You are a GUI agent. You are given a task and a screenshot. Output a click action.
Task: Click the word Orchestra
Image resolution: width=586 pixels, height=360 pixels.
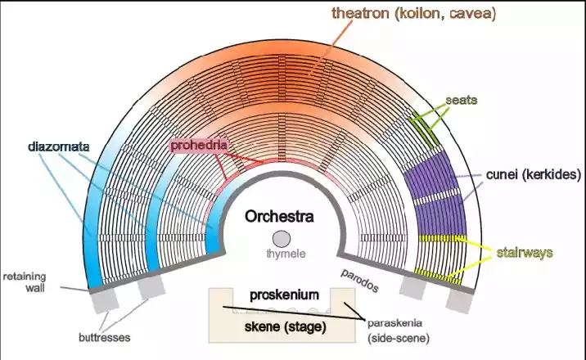coord(279,217)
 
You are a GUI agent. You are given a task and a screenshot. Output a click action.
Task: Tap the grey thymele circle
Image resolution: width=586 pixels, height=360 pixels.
coord(282,239)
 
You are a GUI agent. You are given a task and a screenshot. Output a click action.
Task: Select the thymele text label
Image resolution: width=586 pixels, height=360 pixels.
coord(286,254)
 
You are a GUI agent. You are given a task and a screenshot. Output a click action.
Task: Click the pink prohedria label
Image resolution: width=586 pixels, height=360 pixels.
coord(198,145)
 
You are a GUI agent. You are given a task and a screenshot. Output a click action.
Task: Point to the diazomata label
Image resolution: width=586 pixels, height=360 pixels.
coord(59,146)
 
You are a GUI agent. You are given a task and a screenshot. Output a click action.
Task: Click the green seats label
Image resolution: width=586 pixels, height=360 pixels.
coord(462,100)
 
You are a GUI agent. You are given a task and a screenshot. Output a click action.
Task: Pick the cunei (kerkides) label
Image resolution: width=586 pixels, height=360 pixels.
coord(534,174)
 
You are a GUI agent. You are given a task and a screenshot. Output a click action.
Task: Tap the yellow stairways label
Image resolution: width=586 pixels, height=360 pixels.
coord(525,253)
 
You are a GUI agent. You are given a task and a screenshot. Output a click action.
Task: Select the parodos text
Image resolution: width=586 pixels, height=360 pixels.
coord(359,281)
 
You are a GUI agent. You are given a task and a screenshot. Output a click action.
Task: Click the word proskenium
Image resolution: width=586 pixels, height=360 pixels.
coord(284,295)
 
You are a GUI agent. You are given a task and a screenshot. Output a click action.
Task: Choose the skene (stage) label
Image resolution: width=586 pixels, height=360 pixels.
coord(285,327)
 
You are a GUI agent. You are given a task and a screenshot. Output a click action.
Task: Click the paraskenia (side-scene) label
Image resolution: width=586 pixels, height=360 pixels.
coord(399,331)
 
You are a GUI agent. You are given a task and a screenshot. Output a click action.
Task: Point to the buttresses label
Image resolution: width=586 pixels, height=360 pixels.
coord(104,338)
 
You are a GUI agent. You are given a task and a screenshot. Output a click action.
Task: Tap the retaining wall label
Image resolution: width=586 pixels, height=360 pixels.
coord(25,282)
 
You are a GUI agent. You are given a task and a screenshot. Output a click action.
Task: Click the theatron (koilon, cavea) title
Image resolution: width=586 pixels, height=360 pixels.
coord(413,13)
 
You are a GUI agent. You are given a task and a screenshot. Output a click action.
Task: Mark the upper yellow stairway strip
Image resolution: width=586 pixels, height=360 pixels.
coord(443,238)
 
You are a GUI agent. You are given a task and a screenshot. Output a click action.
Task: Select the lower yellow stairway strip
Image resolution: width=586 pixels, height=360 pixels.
coord(438,276)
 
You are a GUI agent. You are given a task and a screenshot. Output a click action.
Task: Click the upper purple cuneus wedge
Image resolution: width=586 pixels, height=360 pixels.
coord(431,174)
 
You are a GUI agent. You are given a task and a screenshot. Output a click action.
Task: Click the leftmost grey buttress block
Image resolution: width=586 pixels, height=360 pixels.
coord(104,301)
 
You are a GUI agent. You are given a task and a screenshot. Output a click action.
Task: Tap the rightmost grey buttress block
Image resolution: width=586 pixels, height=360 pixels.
coord(460,301)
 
